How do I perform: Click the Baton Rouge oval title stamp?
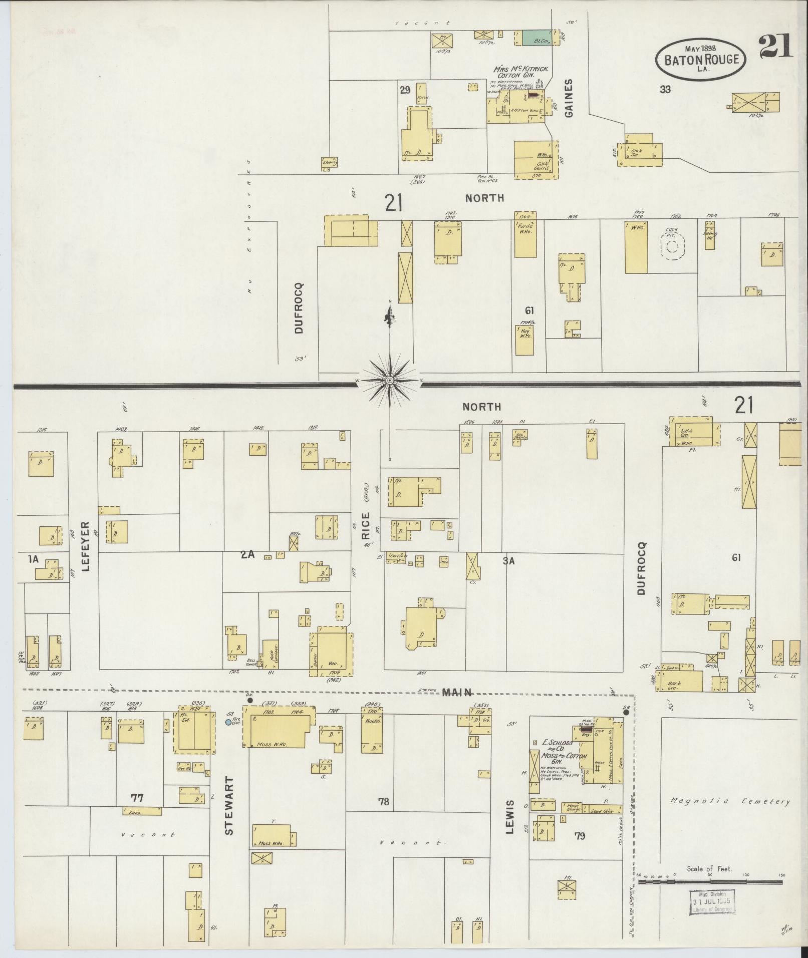701,59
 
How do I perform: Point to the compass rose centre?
389,382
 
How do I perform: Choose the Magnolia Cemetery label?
730,802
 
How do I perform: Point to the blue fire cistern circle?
228,722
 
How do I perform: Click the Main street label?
456,693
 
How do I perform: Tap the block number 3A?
508,561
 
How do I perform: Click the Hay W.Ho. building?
524,340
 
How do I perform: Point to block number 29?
405,90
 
